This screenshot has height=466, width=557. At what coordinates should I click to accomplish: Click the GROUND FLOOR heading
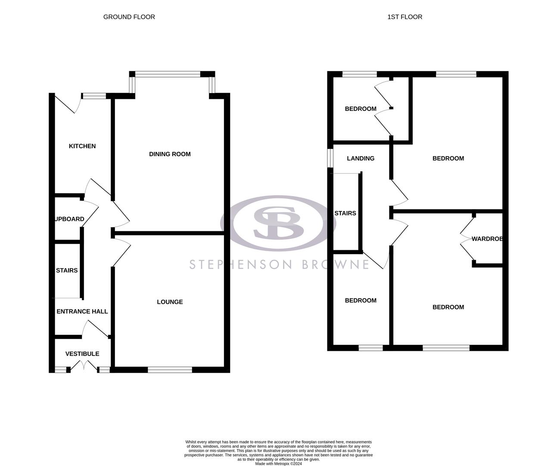pyautogui.click(x=129, y=17)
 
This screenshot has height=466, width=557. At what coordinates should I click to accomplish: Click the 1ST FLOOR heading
pyautogui.click(x=405, y=17)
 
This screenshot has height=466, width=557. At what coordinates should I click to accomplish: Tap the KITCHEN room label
pyautogui.click(x=82, y=146)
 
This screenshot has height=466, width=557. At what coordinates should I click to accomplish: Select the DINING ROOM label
pyautogui.click(x=170, y=154)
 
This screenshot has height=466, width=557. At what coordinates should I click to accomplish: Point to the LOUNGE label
pyautogui.click(x=170, y=302)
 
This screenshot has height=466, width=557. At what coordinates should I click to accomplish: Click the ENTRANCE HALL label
pyautogui.click(x=82, y=312)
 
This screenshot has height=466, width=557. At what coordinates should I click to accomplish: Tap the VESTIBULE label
pyautogui.click(x=82, y=354)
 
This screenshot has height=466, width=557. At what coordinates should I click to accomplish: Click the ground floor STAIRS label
pyautogui.click(x=67, y=271)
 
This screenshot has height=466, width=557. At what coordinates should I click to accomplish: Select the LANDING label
pyautogui.click(x=361, y=158)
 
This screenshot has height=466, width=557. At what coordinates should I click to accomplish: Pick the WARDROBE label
pyautogui.click(x=487, y=239)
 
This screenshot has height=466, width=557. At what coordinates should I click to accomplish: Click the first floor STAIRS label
pyautogui.click(x=345, y=213)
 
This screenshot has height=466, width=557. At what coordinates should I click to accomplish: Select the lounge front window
pyautogui.click(x=170, y=370)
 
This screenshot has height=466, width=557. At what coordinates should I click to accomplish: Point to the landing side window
pyautogui.click(x=330, y=158)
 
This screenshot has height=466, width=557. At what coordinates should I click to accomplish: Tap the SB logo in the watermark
pyautogui.click(x=278, y=223)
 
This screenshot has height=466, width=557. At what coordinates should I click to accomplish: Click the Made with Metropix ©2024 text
pyautogui.click(x=278, y=464)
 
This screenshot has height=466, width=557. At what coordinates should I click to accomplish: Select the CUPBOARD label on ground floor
pyautogui.click(x=69, y=219)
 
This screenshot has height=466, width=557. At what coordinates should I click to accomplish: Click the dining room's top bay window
pyautogui.click(x=168, y=74)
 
